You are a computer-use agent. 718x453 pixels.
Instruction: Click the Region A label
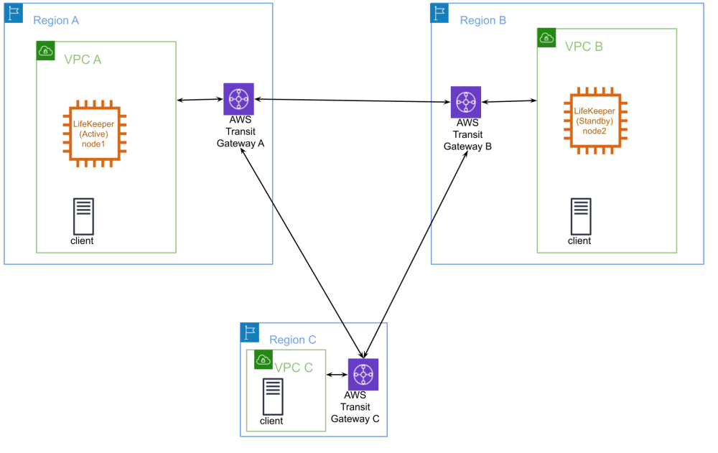[x=56, y=21]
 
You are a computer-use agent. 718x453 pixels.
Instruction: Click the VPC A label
[x=83, y=60]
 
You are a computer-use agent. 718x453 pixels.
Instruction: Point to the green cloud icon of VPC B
[x=547, y=38]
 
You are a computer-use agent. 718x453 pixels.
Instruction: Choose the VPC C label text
[x=294, y=368]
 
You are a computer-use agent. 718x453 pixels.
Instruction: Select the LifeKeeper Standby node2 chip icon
[x=595, y=121]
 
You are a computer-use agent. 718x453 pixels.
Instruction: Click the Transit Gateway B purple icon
[x=466, y=103]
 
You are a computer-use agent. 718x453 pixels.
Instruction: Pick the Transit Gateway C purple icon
[x=363, y=374]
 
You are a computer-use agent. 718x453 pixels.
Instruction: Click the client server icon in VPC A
[x=83, y=215]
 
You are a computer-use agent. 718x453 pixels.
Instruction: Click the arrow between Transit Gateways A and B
[x=352, y=101]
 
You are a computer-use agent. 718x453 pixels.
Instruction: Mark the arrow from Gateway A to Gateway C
[x=302, y=251]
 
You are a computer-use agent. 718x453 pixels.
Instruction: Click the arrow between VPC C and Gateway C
[x=337, y=374]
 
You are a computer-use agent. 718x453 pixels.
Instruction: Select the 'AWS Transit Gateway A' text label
[x=241, y=132]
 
